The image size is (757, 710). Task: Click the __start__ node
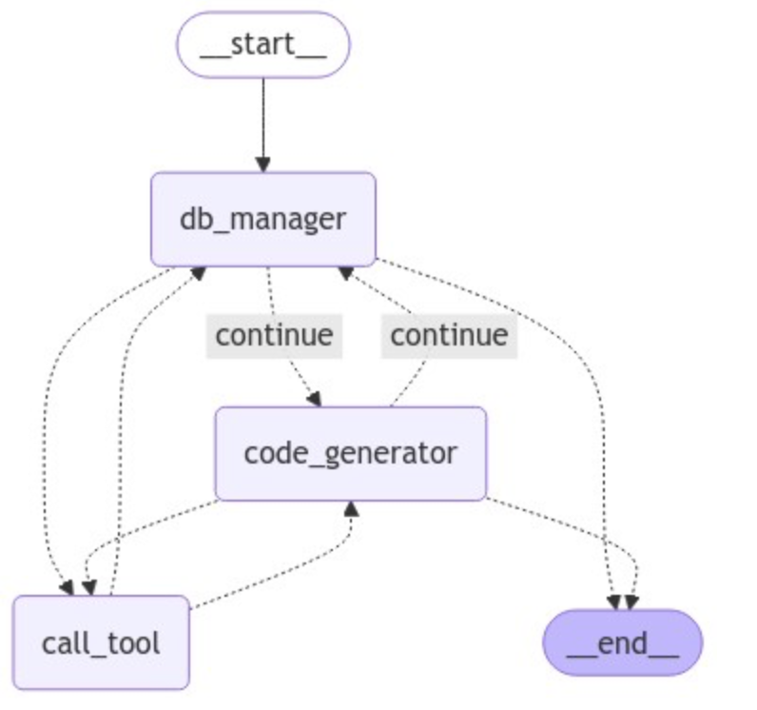[x=262, y=45]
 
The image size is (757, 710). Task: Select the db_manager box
[x=262, y=219]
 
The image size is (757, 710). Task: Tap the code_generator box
[x=350, y=453]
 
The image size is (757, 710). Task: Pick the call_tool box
[x=101, y=642]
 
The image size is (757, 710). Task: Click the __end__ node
[x=622, y=642]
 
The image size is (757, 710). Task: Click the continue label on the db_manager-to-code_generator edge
[x=274, y=335]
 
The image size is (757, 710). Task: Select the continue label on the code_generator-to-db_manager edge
[x=449, y=335]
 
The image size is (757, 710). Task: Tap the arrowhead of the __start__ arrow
[x=262, y=164]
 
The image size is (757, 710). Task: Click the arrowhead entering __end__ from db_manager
[x=612, y=602]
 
